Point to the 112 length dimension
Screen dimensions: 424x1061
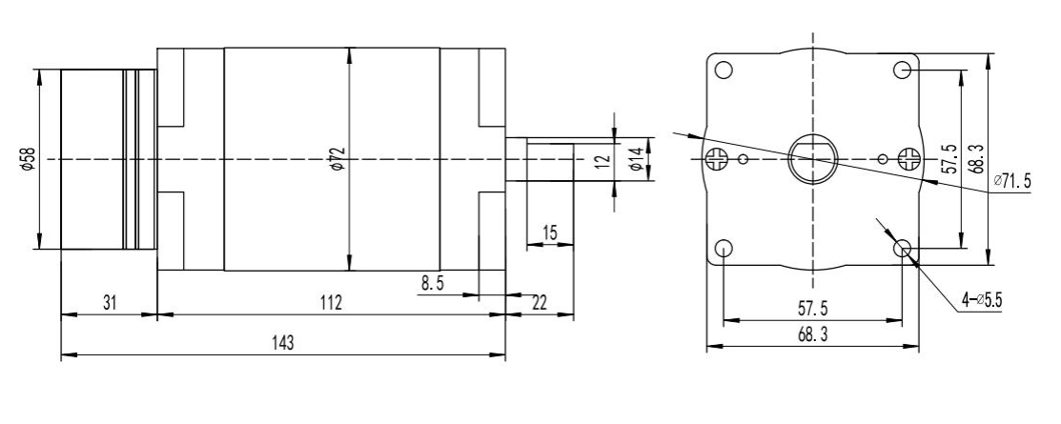331,302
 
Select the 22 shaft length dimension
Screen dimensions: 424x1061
540,302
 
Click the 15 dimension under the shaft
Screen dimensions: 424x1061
549,232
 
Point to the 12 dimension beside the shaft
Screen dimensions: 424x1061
600,159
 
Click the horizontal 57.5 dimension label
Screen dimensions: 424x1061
812,310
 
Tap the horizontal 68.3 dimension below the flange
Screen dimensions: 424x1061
812,335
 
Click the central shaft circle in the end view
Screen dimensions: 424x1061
811,157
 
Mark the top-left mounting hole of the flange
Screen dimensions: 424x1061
724,71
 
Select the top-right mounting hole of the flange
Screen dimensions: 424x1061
902,71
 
